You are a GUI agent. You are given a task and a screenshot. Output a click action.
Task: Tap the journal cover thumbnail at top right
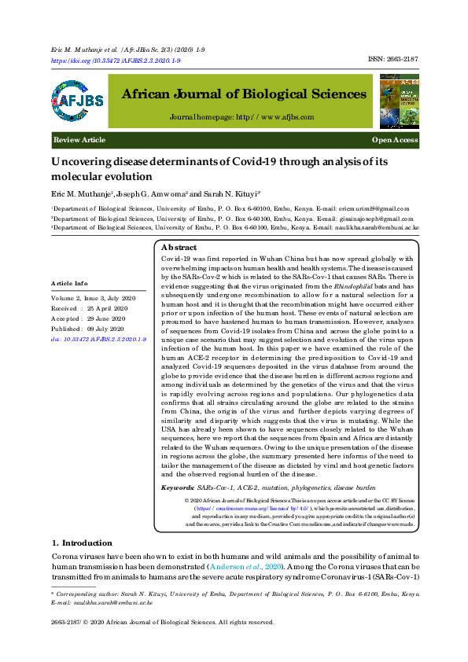399,101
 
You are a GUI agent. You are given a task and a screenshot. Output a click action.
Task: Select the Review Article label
79,140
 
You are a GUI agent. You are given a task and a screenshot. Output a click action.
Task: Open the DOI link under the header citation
116,61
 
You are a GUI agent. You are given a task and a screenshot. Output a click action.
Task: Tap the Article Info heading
70,283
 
